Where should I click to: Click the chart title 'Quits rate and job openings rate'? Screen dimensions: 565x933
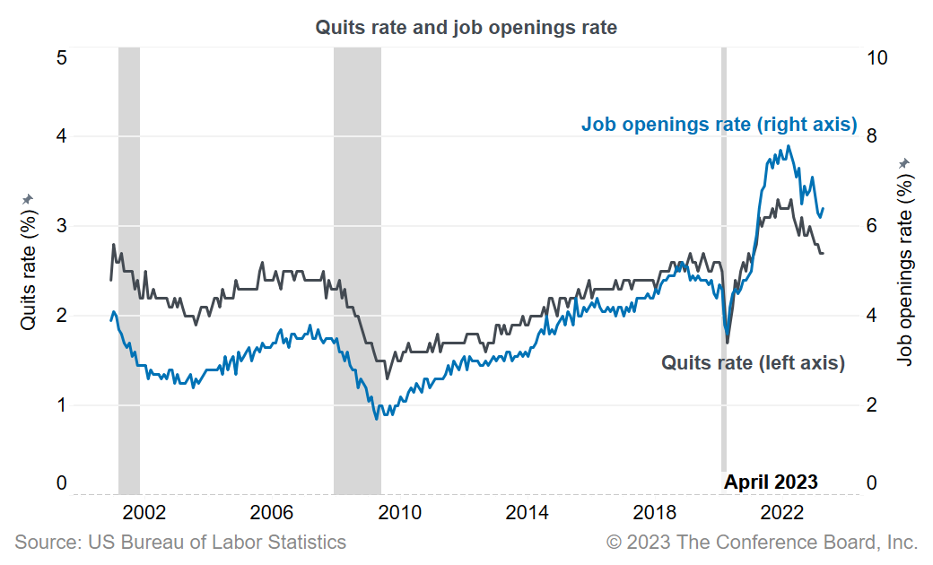pos(466,28)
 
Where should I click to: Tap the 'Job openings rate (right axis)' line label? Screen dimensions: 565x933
pos(719,125)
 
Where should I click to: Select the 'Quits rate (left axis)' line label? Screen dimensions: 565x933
pos(753,363)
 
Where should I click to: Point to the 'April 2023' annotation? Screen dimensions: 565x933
pos(771,482)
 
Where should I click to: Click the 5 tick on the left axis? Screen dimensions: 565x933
pos(61,57)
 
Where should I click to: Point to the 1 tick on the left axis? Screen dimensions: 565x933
pos(61,405)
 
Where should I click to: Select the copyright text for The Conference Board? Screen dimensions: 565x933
pos(762,543)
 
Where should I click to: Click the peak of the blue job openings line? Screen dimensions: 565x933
pos(789,146)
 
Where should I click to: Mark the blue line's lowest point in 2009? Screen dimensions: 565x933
pos(377,419)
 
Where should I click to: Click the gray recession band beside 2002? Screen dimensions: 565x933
pos(129,269)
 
